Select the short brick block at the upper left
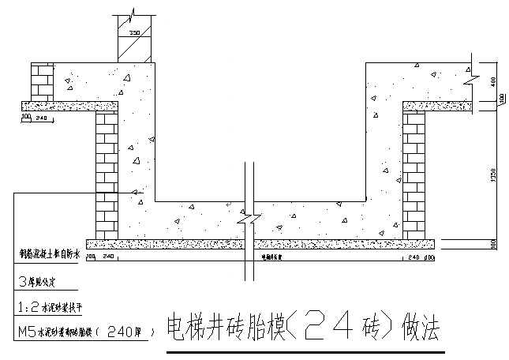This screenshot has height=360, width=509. coord(40,81)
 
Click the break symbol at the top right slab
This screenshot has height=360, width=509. coord(471,77)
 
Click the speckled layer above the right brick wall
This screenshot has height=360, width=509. coord(438,105)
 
